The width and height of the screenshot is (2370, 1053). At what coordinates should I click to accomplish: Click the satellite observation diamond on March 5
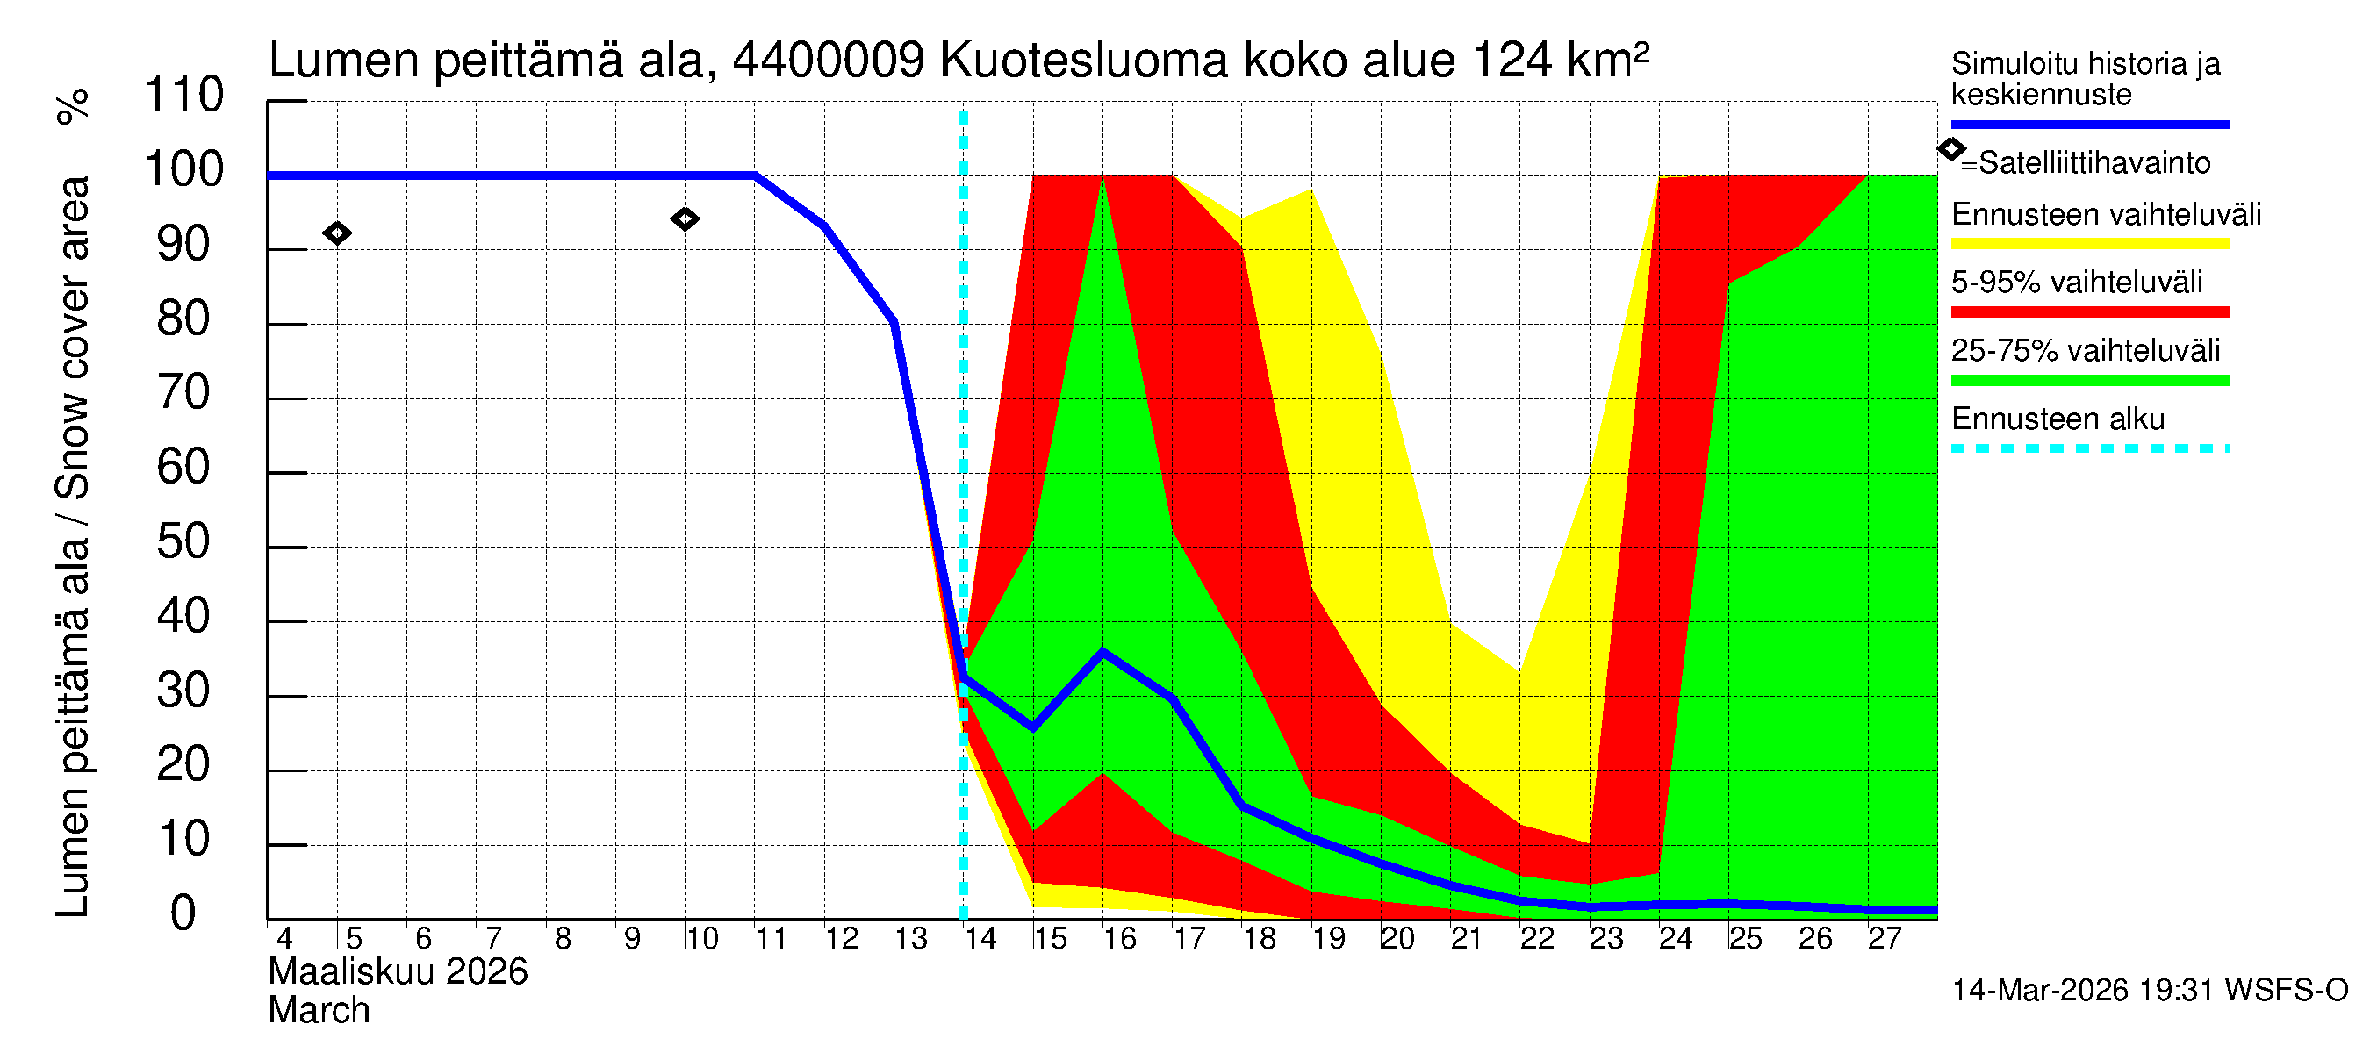tap(337, 233)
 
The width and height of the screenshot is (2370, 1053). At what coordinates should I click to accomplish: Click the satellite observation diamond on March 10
tap(685, 218)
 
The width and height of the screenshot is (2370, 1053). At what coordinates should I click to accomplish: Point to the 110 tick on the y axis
tap(184, 96)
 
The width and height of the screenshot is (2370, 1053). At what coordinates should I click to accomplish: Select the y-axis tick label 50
tap(183, 542)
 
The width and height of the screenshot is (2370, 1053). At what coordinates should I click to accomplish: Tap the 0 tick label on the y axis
tap(183, 914)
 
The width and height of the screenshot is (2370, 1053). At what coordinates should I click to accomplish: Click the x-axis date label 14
tap(980, 939)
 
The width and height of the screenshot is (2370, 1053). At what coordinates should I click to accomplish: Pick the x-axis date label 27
tap(1884, 939)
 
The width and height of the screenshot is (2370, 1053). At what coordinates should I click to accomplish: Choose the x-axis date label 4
tap(284, 939)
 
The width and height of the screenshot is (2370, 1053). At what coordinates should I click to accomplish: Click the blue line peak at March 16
tap(1103, 652)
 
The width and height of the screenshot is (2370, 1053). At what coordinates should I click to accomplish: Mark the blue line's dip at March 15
tap(1033, 727)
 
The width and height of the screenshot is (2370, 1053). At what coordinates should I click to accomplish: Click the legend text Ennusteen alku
tap(2058, 419)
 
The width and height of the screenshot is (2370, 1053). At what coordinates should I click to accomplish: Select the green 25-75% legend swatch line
tap(2089, 380)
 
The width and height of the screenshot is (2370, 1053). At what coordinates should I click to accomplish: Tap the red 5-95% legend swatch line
tap(2089, 312)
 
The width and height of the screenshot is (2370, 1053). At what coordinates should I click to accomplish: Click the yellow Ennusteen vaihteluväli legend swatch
tap(2089, 244)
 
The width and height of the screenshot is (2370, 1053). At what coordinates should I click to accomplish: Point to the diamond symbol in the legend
tap(1950, 149)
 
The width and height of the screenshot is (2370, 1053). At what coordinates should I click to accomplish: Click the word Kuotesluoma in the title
tap(1084, 61)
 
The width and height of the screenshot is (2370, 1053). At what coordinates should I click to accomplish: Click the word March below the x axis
tap(319, 1011)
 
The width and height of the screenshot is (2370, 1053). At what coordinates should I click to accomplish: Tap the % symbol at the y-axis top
tap(74, 106)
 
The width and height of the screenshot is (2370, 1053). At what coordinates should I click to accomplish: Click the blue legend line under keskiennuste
tap(2089, 124)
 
